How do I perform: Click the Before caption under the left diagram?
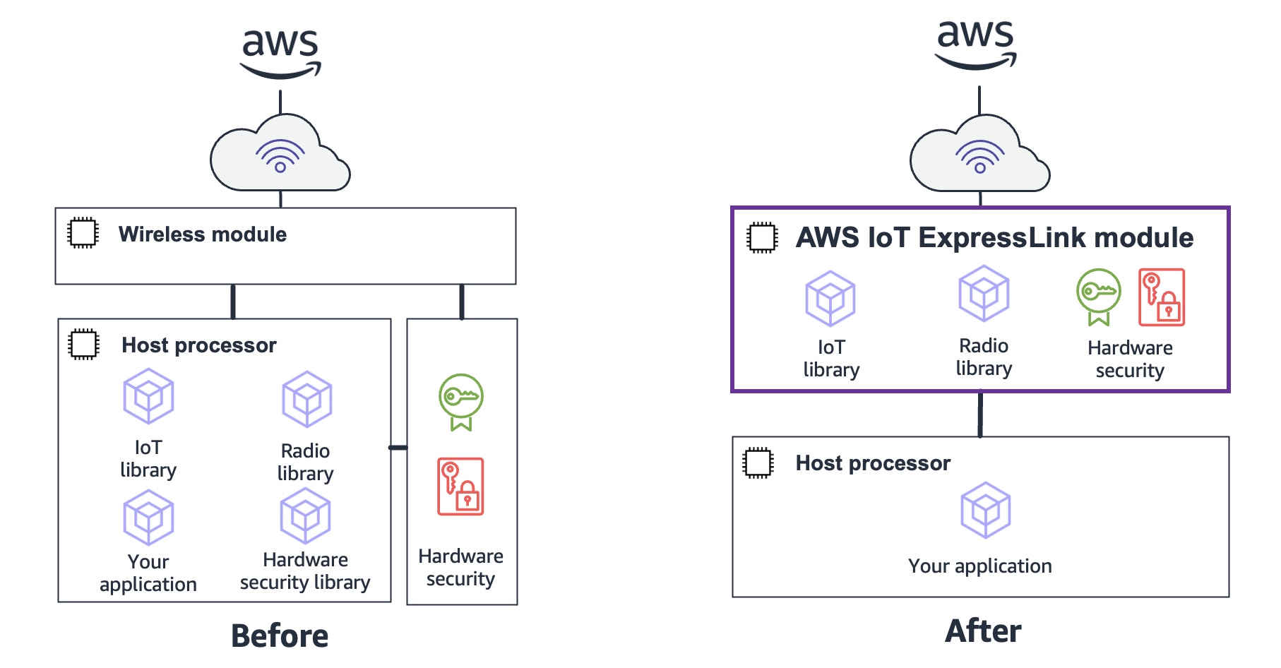(x=280, y=636)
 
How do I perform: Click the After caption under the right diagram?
(x=983, y=631)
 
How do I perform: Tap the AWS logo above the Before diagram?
(x=280, y=53)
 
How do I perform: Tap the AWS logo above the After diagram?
(x=975, y=44)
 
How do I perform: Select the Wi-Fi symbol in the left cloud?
(x=280, y=156)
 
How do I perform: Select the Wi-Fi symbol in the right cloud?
(x=979, y=157)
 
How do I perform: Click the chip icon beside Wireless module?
(x=83, y=233)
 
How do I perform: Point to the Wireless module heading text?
(x=202, y=234)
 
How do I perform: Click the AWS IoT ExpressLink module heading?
(x=994, y=238)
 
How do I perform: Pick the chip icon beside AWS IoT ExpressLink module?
(x=762, y=238)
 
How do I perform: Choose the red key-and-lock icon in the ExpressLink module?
(x=1162, y=297)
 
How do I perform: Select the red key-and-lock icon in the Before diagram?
(x=460, y=487)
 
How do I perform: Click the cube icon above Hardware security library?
(x=305, y=516)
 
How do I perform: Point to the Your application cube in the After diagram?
(x=985, y=510)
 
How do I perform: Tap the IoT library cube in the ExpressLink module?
(x=830, y=298)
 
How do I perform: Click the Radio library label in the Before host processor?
(x=305, y=462)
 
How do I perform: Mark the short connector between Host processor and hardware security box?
(x=399, y=448)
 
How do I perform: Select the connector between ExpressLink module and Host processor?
(x=980, y=414)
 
